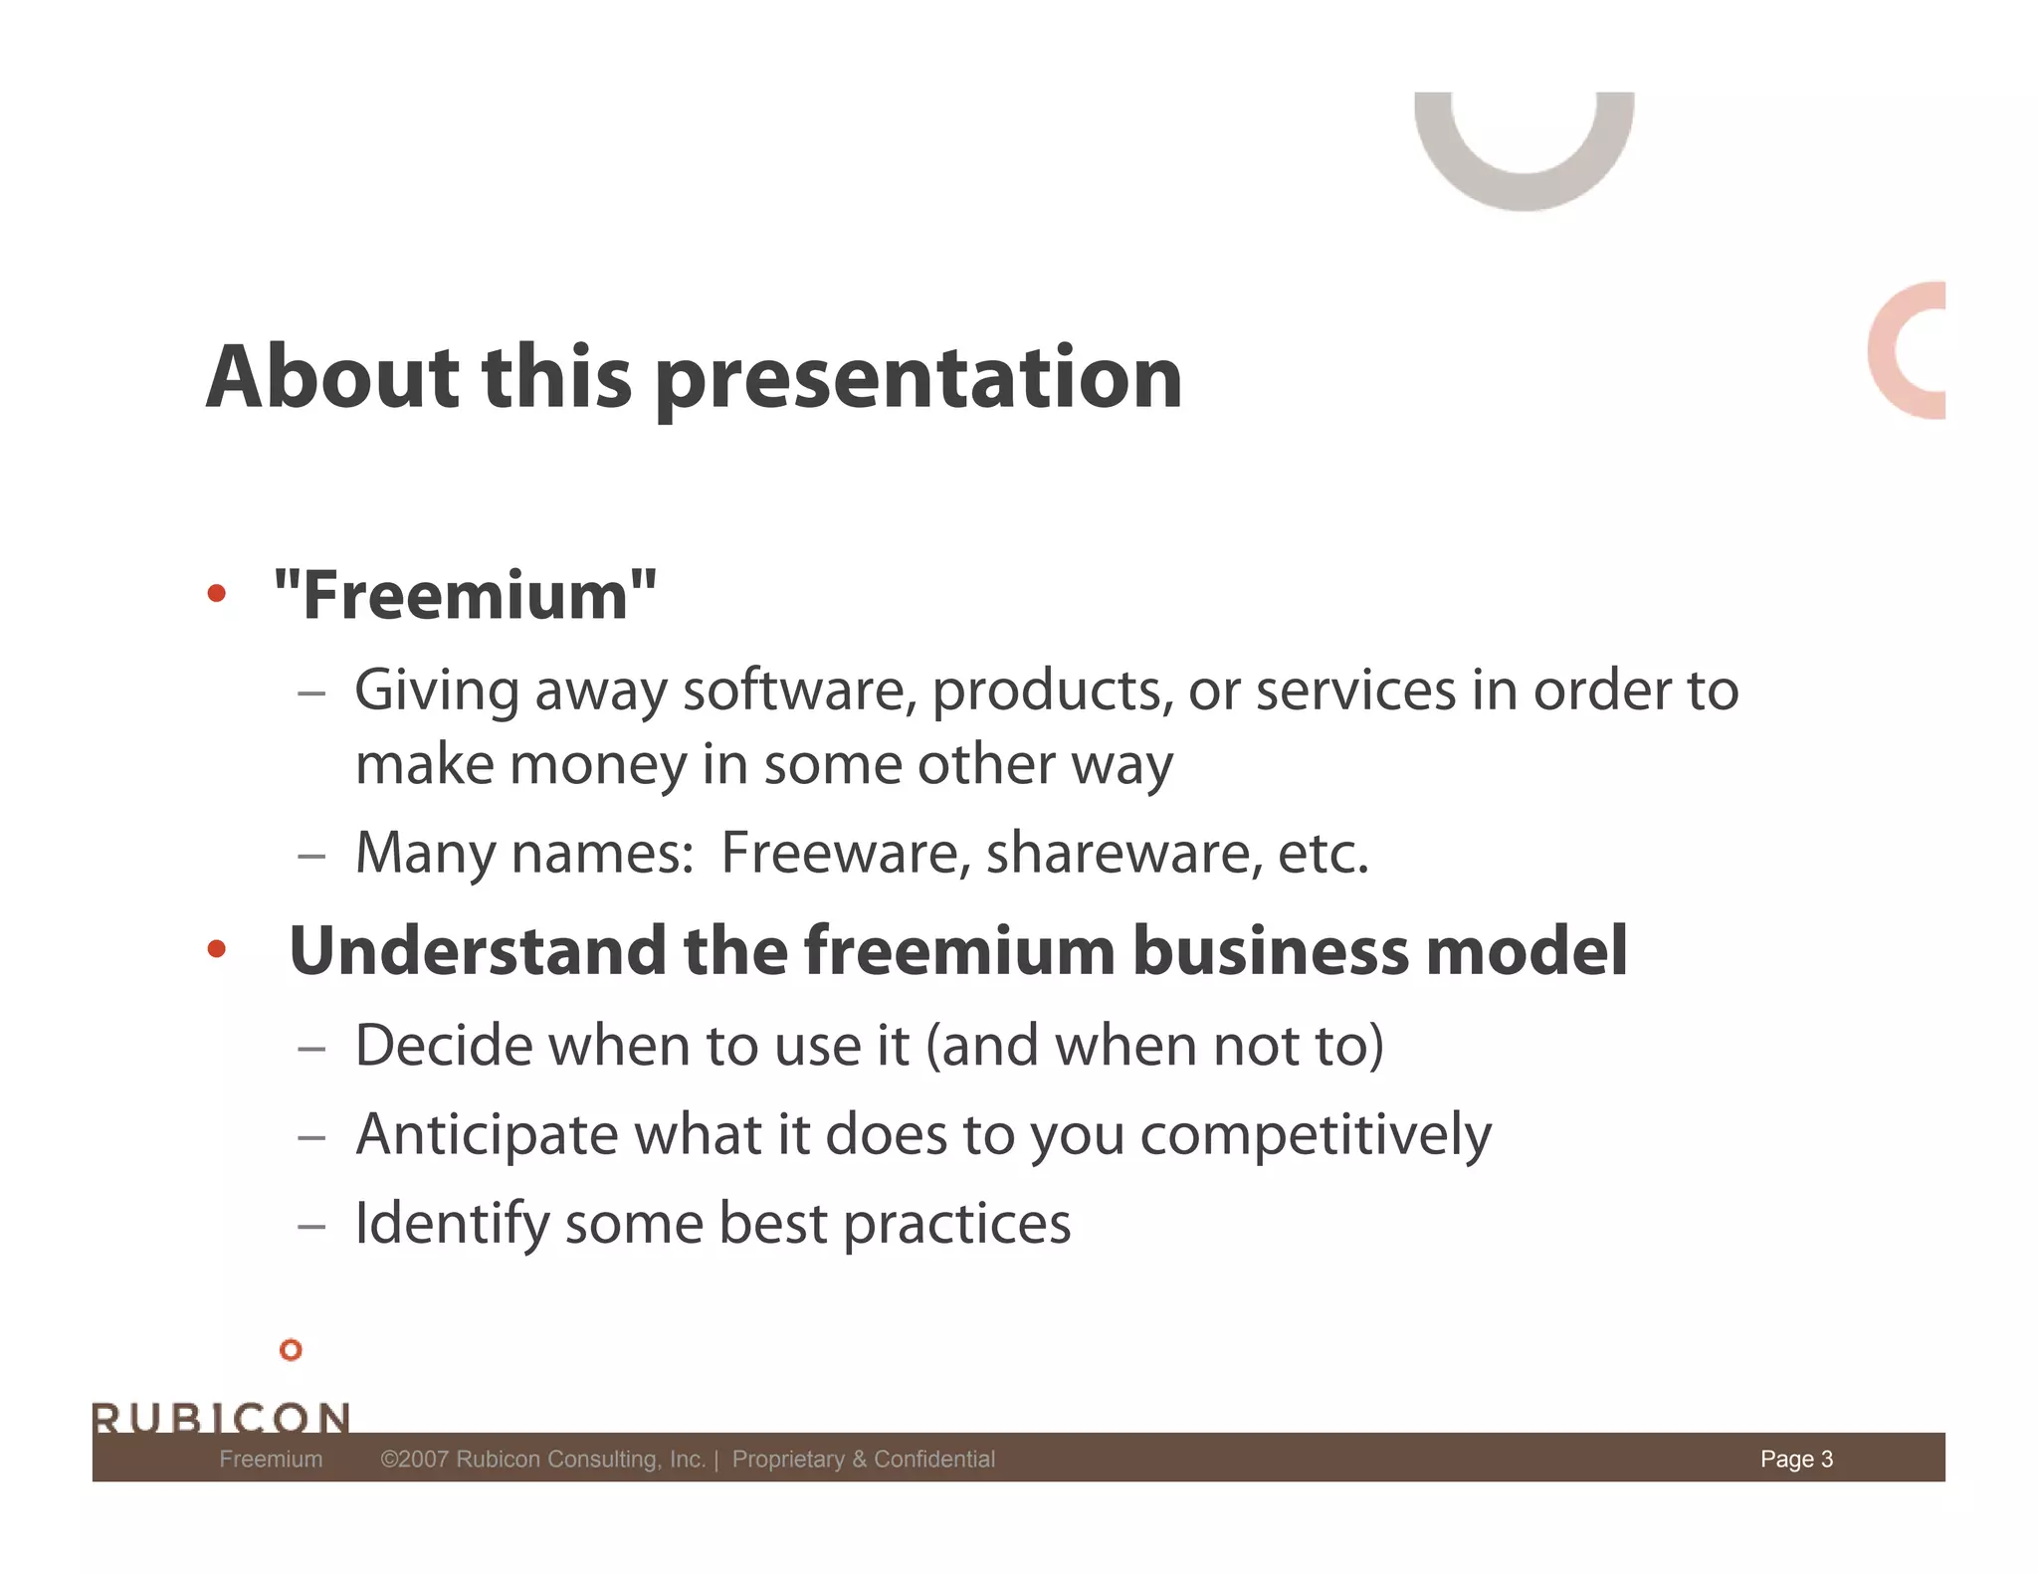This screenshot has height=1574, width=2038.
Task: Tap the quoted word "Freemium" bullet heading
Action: point(465,596)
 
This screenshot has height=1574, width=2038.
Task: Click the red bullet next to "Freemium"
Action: point(217,594)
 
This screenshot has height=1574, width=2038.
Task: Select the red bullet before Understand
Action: point(217,949)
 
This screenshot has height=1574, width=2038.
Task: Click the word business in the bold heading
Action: point(1271,951)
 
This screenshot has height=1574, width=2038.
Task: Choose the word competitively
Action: point(1315,1136)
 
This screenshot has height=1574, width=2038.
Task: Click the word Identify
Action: point(452,1224)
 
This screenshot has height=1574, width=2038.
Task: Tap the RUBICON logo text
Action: point(221,1417)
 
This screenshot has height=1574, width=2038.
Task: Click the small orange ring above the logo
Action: point(291,1350)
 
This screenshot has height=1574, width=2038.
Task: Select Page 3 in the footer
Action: point(1795,1459)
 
